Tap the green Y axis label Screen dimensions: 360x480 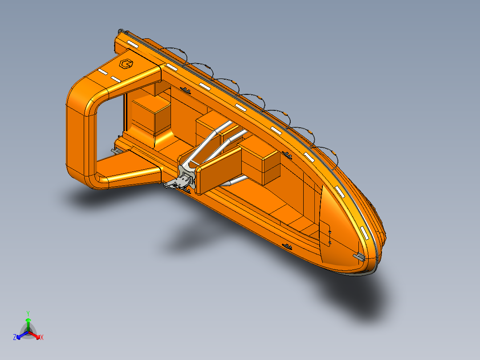click(28, 313)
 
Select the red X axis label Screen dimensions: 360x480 click(42, 338)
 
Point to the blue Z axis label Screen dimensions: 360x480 click(15, 338)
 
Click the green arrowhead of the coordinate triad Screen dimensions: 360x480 click(28, 320)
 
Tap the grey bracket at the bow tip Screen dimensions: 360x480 click(359, 257)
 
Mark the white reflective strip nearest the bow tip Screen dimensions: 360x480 click(365, 232)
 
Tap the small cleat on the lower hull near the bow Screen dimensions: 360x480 click(288, 246)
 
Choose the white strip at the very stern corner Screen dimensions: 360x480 click(132, 44)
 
